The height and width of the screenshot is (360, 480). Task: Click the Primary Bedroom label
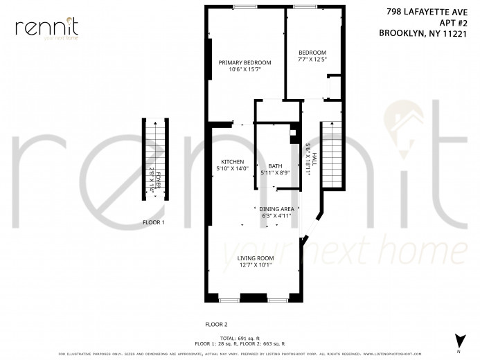(245, 62)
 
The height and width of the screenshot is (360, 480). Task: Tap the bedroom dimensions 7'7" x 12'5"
(312, 60)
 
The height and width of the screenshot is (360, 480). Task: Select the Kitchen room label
(232, 161)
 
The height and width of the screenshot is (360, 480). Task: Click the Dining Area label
(277, 208)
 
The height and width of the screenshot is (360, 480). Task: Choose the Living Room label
(237, 258)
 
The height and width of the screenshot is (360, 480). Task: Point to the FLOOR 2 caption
(216, 324)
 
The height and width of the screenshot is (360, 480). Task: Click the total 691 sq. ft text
(238, 338)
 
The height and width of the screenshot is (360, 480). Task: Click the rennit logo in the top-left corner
(46, 28)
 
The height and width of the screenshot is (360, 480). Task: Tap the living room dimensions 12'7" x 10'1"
(237, 264)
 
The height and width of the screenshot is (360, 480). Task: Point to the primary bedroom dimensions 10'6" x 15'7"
(245, 69)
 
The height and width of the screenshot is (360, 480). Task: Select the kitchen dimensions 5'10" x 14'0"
(232, 168)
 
